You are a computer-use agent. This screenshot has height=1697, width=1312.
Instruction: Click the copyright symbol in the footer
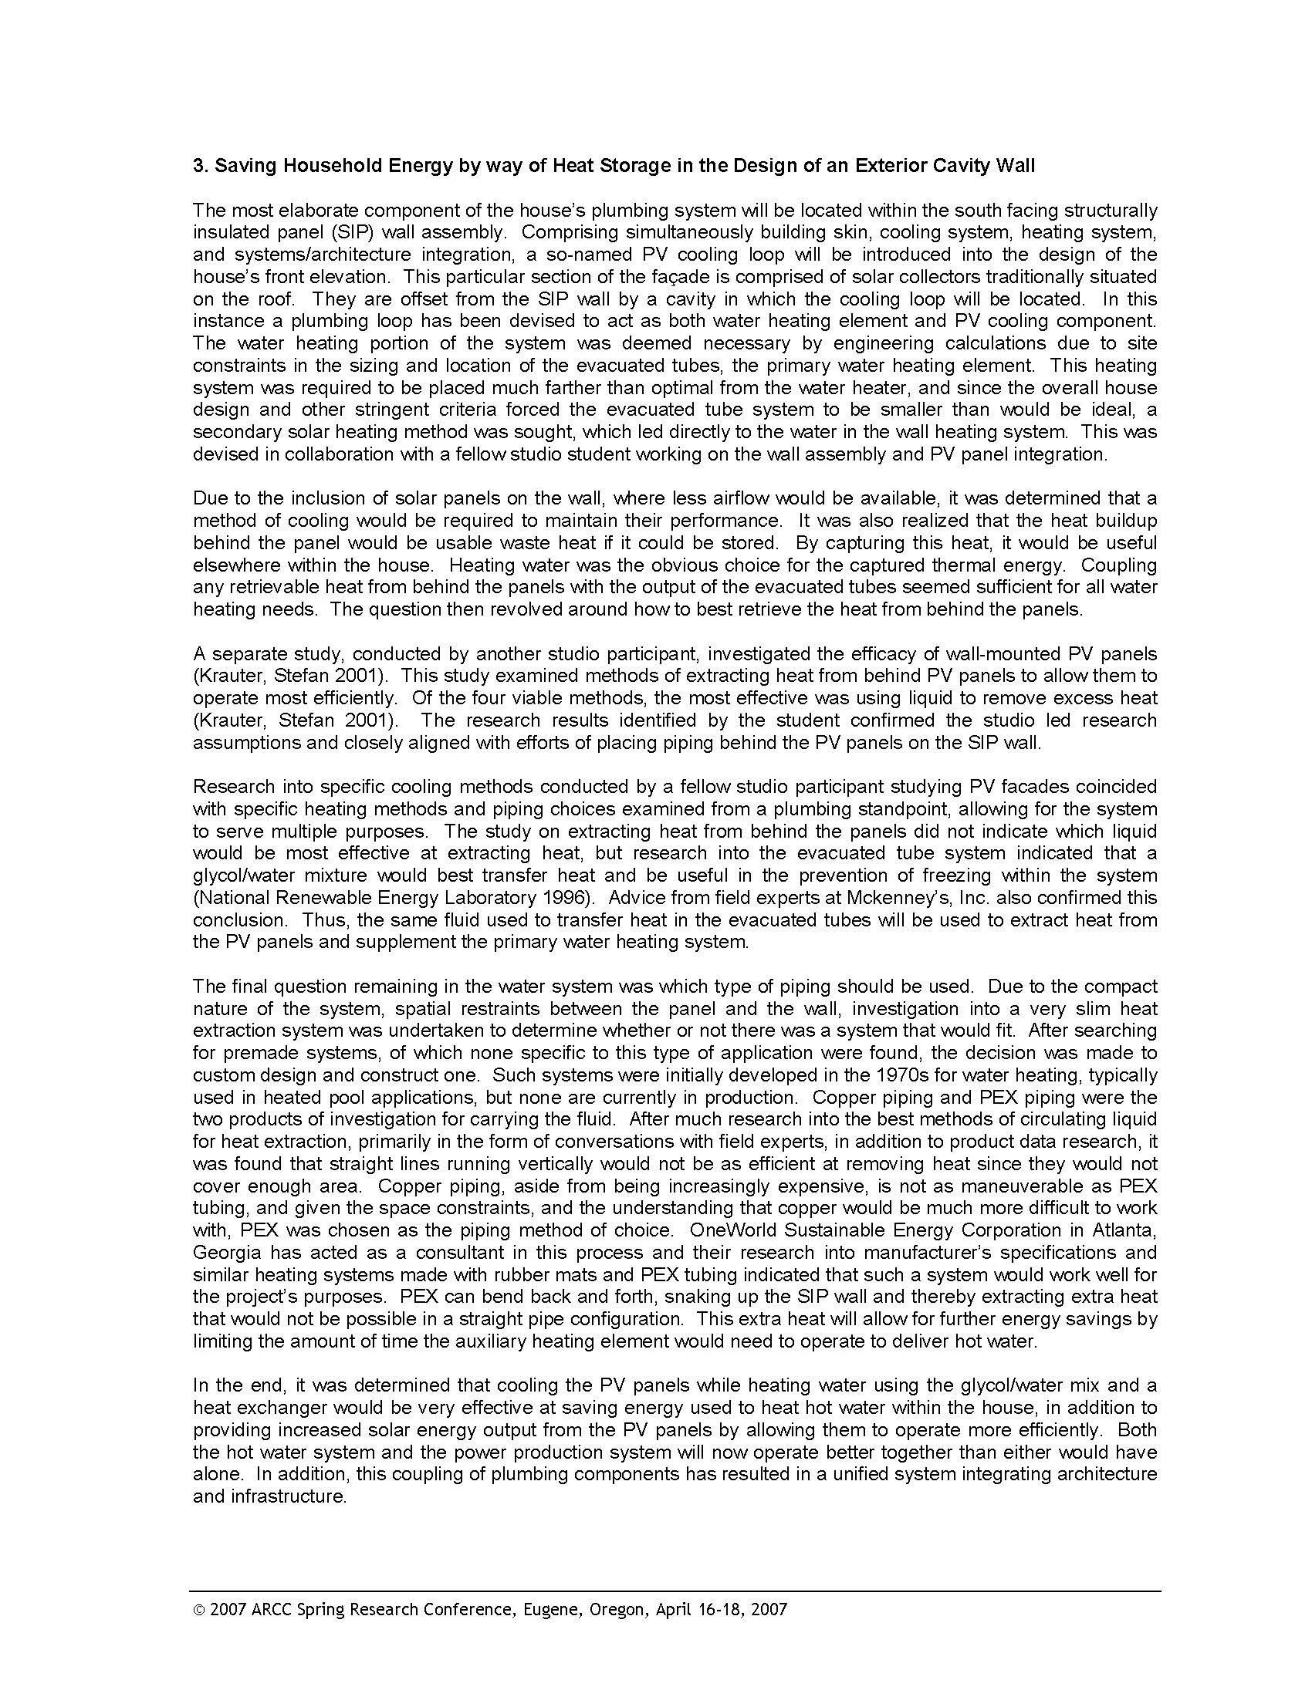199,1608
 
